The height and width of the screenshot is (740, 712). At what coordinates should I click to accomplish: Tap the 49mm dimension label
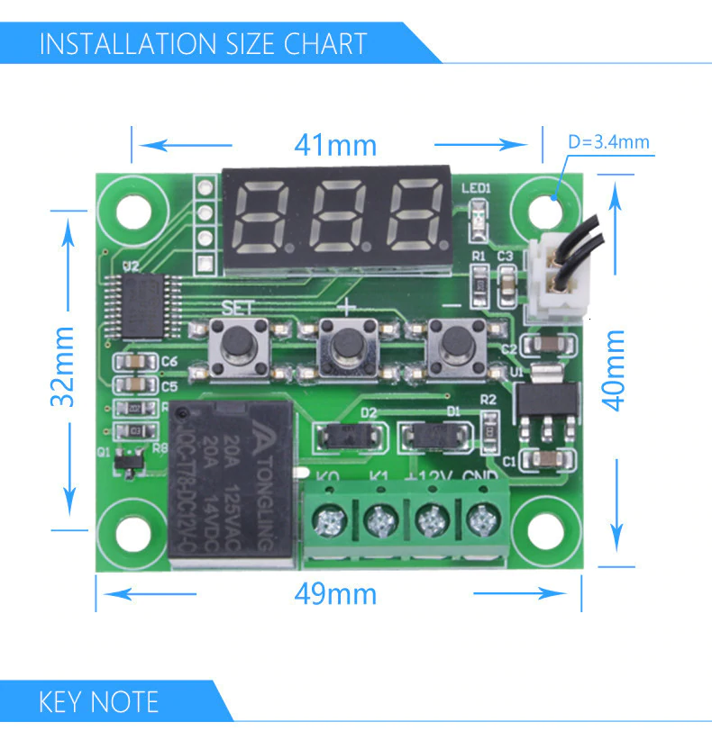[335, 594]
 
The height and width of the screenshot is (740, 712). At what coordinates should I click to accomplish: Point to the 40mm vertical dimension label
[614, 370]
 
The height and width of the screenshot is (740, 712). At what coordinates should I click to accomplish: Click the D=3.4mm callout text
[608, 141]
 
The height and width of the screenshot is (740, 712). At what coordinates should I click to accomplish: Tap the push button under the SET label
[239, 343]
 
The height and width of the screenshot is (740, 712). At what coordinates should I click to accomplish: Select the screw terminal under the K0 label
[328, 519]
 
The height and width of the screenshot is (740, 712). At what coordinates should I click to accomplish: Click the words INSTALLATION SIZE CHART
[203, 43]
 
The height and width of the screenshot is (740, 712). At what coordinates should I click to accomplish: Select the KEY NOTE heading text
[98, 701]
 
